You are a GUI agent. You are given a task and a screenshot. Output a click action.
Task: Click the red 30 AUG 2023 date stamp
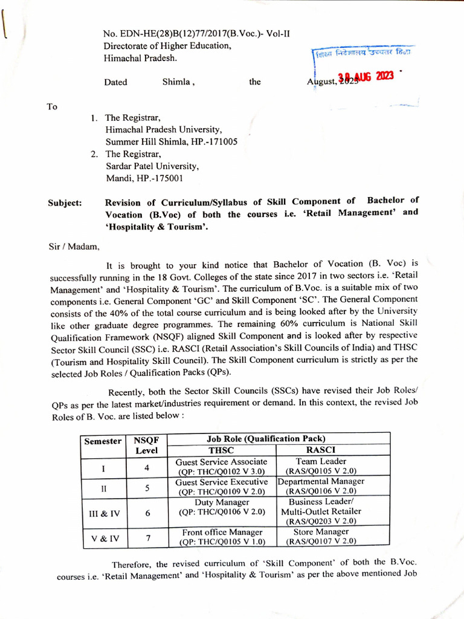pyautogui.click(x=366, y=76)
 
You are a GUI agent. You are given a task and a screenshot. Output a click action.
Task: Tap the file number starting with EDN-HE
pyautogui.click(x=196, y=34)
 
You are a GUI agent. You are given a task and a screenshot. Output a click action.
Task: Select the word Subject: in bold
pyautogui.click(x=65, y=203)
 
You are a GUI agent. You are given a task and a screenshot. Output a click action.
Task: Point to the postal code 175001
pyautogui.click(x=163, y=178)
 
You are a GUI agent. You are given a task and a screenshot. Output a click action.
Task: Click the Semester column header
pyautogui.click(x=103, y=441)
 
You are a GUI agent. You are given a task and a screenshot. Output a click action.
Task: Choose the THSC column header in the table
pyautogui.click(x=221, y=450)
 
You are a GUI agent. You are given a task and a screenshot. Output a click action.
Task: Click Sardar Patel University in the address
pyautogui.click(x=152, y=166)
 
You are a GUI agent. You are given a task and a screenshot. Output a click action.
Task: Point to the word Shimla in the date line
pyautogui.click(x=176, y=82)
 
